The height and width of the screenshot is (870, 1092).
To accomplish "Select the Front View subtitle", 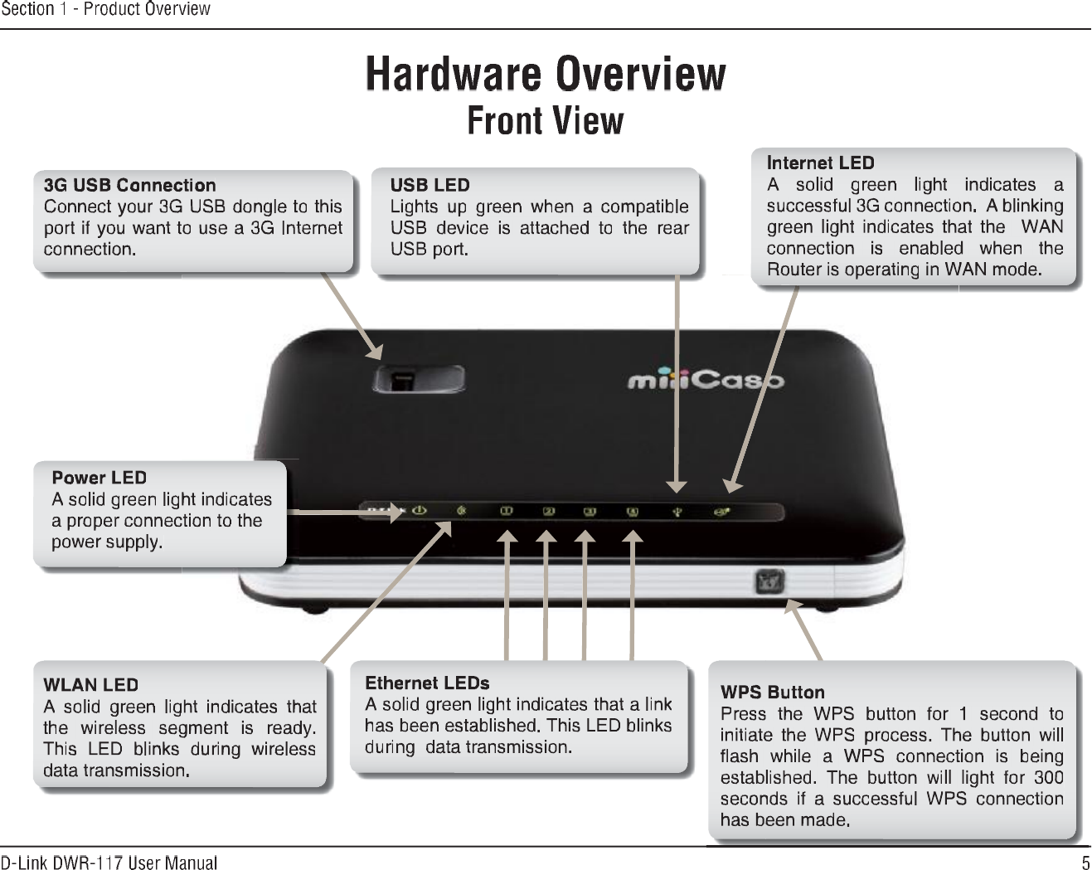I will (x=546, y=120).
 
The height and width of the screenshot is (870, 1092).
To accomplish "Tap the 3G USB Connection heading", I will (x=129, y=185).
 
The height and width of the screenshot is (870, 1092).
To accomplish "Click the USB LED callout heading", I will (x=430, y=185).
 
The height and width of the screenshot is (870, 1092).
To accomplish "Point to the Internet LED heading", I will (x=820, y=163).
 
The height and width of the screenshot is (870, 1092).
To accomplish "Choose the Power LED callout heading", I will (x=99, y=478).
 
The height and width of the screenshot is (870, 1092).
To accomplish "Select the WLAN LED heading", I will (x=90, y=685).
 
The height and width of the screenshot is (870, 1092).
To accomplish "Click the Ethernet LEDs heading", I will (x=427, y=683).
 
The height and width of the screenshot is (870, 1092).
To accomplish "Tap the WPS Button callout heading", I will (x=772, y=693).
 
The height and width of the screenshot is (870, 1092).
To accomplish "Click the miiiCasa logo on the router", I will (x=705, y=381).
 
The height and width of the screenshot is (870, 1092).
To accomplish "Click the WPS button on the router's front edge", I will (x=769, y=581).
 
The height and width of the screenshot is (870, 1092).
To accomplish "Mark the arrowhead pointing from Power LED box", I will (x=396, y=513).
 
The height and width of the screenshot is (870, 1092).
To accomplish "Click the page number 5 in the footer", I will (x=1085, y=862).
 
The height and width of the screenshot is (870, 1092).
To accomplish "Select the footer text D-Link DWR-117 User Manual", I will (x=109, y=863).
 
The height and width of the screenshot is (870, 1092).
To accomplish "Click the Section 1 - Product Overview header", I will (x=105, y=9).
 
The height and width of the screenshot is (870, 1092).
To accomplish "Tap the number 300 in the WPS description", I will (x=1048, y=778).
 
